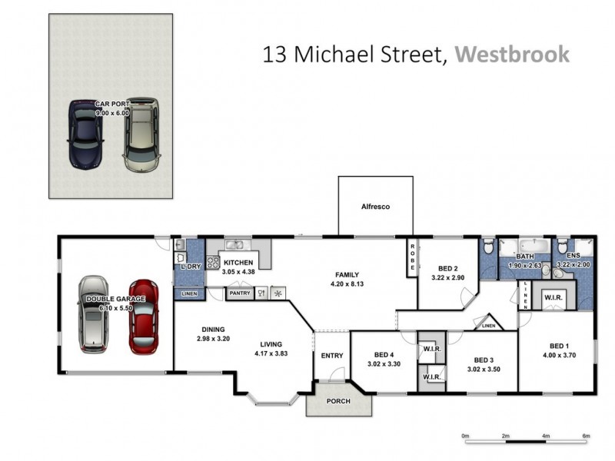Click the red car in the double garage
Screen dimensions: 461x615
pyautogui.click(x=144, y=316)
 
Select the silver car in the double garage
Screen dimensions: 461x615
pyautogui.click(x=93, y=313)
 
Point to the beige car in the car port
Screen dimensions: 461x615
pyautogui.click(x=141, y=134)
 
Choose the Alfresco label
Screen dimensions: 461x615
pyautogui.click(x=376, y=207)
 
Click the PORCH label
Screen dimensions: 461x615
pyautogui.click(x=338, y=401)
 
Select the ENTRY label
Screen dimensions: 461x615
pyautogui.click(x=332, y=355)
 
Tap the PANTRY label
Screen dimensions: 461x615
pyautogui.click(x=240, y=293)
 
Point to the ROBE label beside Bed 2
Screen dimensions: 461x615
pyautogui.click(x=412, y=254)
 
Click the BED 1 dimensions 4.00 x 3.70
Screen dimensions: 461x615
pyautogui.click(x=559, y=355)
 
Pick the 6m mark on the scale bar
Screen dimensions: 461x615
pyautogui.click(x=586, y=436)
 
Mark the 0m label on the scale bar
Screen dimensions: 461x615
pyautogui.click(x=465, y=436)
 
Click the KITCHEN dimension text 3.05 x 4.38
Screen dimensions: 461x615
pyautogui.click(x=238, y=271)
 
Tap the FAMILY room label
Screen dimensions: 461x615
pyautogui.click(x=346, y=274)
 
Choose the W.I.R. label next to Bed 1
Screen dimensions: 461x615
pyautogui.click(x=552, y=297)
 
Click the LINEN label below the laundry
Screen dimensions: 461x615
pyautogui.click(x=189, y=294)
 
